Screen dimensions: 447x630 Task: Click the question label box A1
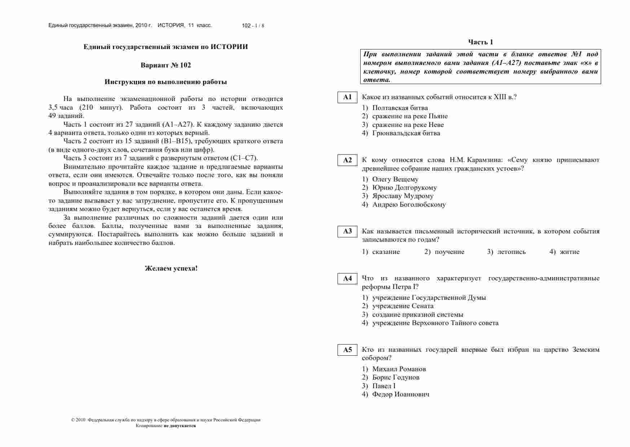tap(347, 97)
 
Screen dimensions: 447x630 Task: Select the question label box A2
tap(347, 160)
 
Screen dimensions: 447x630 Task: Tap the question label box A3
tap(347, 232)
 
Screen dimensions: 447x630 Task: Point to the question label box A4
tap(347, 279)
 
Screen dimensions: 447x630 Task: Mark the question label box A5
tap(347, 350)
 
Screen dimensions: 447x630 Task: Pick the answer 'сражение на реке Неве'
tap(407, 125)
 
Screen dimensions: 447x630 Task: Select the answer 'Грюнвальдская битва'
tap(406, 133)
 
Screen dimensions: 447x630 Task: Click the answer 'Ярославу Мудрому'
tap(402, 196)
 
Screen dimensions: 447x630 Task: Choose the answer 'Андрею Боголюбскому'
tap(409, 205)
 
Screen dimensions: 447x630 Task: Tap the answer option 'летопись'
tap(511, 252)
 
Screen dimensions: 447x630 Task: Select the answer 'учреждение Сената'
tap(402, 306)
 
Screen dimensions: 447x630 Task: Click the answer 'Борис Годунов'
tap(396, 377)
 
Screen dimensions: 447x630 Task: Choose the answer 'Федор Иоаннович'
tap(400, 394)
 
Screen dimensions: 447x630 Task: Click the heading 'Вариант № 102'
tap(166, 65)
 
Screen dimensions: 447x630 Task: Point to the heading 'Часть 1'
tap(480, 42)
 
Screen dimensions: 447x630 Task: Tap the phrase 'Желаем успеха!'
tap(171, 268)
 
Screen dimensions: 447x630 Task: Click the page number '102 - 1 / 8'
tap(253, 26)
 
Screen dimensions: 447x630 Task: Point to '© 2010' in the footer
tap(78, 420)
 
